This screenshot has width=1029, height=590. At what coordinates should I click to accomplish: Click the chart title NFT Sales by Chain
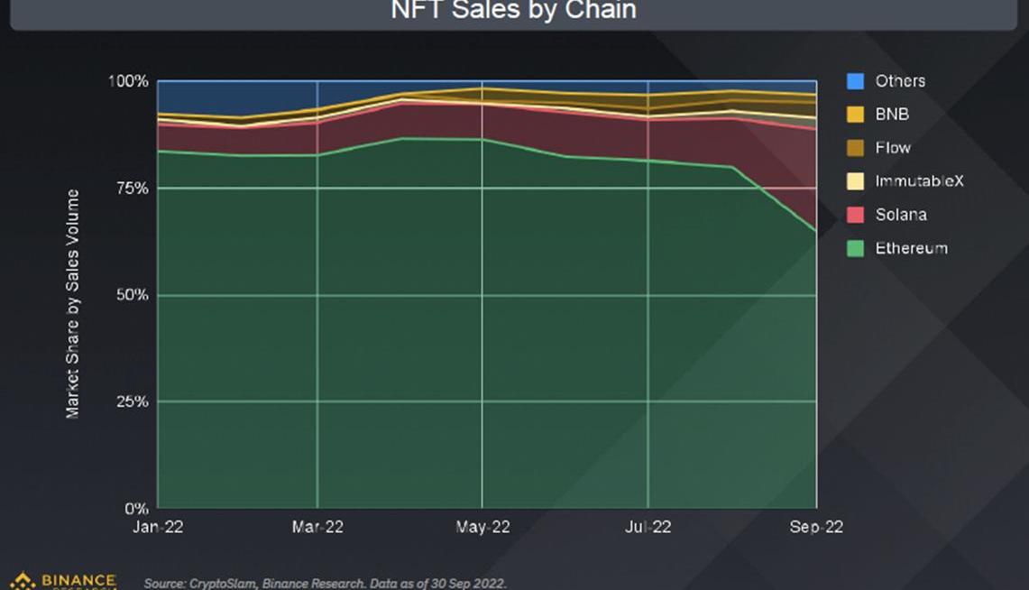pos(514,11)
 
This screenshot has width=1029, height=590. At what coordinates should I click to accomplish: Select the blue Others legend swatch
pos(855,81)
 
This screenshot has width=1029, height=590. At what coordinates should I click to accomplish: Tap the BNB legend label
pos(892,115)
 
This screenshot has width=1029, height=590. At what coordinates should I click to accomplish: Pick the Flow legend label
pos(893,148)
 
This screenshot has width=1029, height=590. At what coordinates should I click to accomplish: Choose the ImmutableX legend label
pos(919,181)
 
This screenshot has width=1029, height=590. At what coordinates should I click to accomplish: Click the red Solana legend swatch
pos(855,215)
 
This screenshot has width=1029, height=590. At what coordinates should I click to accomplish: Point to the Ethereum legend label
pos(911,248)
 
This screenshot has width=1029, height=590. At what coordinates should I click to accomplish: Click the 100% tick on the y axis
pos(128,81)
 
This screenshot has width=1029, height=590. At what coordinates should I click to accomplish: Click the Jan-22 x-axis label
pos(158,528)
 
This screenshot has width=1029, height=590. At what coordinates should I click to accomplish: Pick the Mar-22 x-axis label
pos(317,528)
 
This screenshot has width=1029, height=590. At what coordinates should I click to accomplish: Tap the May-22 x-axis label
pos(482,528)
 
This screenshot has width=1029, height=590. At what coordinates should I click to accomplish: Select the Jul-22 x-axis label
pos(648,528)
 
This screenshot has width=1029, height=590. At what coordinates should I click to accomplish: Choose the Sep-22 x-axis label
pos(816,528)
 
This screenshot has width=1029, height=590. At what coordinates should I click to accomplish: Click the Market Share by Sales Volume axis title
pos(73,303)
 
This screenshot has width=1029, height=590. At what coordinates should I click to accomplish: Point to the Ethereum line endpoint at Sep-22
pos(816,232)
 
